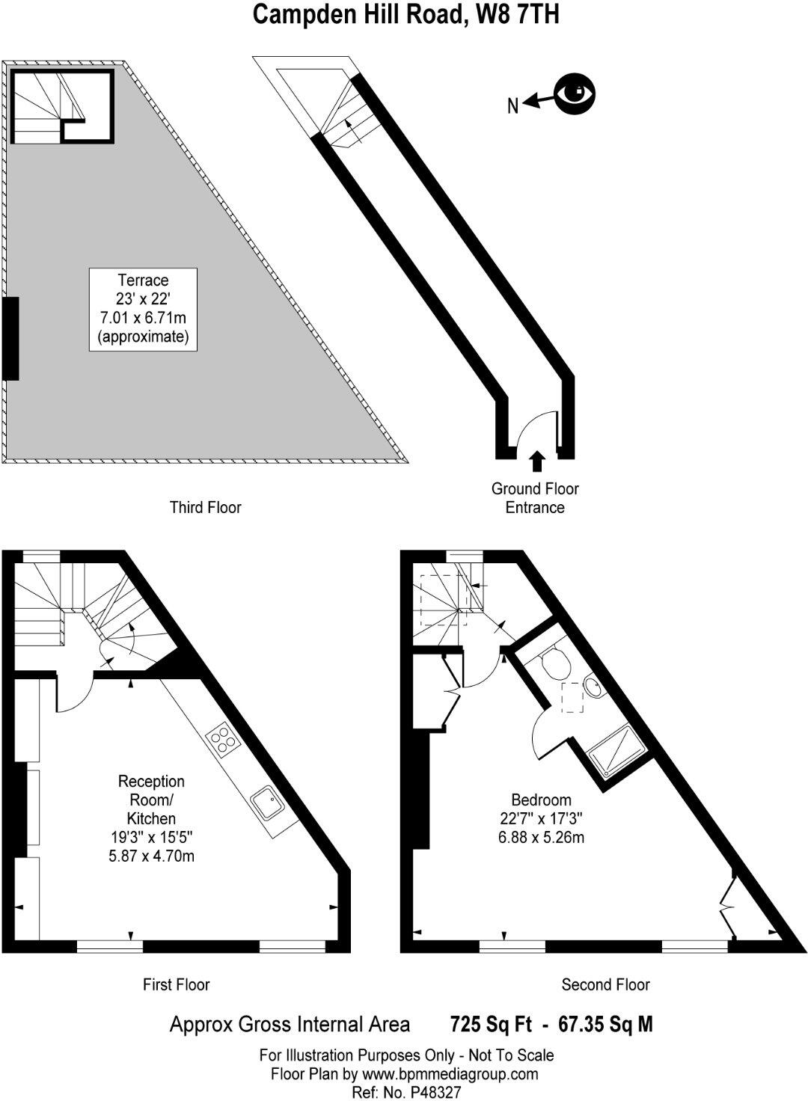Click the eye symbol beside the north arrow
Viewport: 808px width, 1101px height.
tap(575, 93)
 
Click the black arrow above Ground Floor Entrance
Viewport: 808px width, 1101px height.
tap(536, 461)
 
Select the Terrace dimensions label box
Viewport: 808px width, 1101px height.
tap(143, 308)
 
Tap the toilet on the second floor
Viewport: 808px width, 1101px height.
tap(555, 663)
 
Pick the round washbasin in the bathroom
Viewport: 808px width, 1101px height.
tap(594, 687)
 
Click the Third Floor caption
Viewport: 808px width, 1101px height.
tap(205, 508)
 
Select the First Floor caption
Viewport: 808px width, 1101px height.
tap(176, 984)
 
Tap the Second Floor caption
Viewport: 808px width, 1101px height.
tap(605, 984)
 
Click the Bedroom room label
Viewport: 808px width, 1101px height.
tap(541, 800)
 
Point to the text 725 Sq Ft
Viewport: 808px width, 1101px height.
tap(486, 1023)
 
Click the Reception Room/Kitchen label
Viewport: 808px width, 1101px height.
tap(151, 800)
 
